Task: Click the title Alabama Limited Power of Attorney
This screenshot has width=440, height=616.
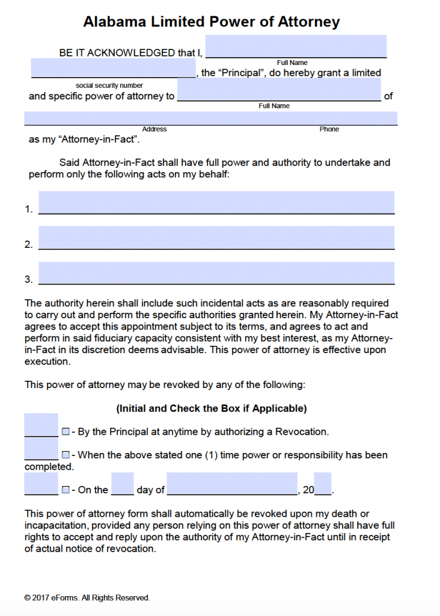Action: tap(211, 22)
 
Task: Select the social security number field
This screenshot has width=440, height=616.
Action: tap(113, 68)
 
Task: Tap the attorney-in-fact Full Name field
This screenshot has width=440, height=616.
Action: tap(279, 90)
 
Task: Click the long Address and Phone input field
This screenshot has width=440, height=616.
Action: tap(210, 119)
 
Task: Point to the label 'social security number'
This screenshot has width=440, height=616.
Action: tap(109, 85)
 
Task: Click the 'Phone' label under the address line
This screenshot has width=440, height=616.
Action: tap(329, 129)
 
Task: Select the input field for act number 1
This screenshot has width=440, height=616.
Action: tap(216, 202)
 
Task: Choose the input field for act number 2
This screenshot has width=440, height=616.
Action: tap(216, 237)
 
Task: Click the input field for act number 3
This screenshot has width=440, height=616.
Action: tap(216, 273)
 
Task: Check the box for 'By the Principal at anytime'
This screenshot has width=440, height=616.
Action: tap(66, 432)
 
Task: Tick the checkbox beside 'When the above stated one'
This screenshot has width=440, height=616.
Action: tap(66, 455)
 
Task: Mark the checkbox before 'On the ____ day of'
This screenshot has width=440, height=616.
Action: tap(66, 490)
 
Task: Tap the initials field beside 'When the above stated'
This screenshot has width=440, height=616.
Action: tap(41, 449)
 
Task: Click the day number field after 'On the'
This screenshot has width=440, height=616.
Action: tap(123, 484)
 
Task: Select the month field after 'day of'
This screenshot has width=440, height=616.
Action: tap(232, 484)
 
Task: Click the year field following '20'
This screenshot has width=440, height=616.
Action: tap(323, 484)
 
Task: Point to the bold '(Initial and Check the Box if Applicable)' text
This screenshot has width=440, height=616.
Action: tap(211, 408)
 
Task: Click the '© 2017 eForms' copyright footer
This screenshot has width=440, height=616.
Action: tap(87, 597)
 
